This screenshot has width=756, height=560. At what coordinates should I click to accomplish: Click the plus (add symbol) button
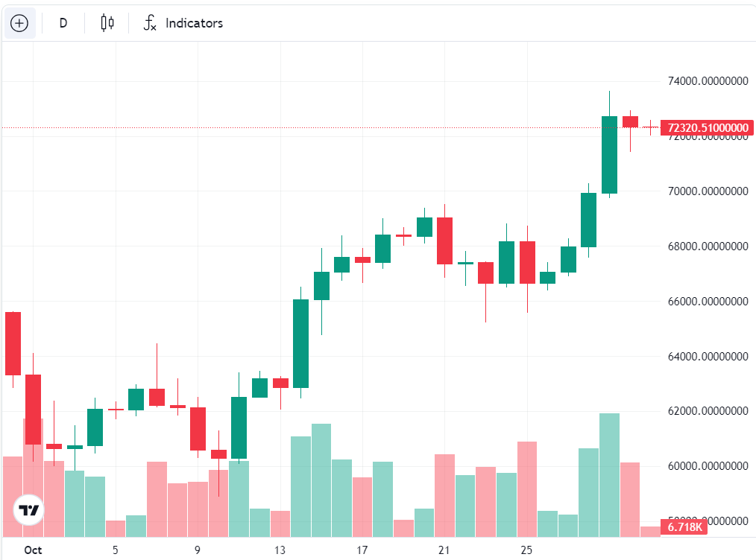click(x=19, y=23)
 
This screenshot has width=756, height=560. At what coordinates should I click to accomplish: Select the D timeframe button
click(x=63, y=23)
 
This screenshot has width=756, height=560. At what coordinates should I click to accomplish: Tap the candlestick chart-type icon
click(x=107, y=23)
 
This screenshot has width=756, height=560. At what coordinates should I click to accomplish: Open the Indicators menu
click(x=183, y=23)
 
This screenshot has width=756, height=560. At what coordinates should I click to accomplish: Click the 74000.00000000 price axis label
click(x=708, y=82)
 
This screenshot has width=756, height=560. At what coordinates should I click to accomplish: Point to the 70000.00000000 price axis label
click(x=708, y=191)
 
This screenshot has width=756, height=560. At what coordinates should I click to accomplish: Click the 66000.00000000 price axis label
click(x=708, y=302)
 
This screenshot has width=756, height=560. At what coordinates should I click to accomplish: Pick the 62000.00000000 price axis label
click(x=708, y=411)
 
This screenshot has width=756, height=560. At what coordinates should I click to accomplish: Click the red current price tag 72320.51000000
click(x=708, y=128)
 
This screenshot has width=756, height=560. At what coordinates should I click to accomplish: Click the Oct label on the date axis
click(x=32, y=550)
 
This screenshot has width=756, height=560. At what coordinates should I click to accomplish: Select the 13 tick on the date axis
click(x=280, y=550)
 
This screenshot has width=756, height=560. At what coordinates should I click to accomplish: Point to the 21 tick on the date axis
click(x=444, y=550)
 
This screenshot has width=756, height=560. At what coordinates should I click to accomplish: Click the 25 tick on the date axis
click(x=526, y=550)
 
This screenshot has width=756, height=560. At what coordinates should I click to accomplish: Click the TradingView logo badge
click(x=29, y=510)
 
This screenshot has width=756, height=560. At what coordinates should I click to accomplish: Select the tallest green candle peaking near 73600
click(x=609, y=155)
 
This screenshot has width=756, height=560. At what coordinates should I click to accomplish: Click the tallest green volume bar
click(x=609, y=474)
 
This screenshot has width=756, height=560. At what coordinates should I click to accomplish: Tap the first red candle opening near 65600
click(x=13, y=343)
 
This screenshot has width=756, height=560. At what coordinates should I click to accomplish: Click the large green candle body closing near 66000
click(x=300, y=343)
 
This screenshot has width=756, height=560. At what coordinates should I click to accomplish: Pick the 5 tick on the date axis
click(x=116, y=550)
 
